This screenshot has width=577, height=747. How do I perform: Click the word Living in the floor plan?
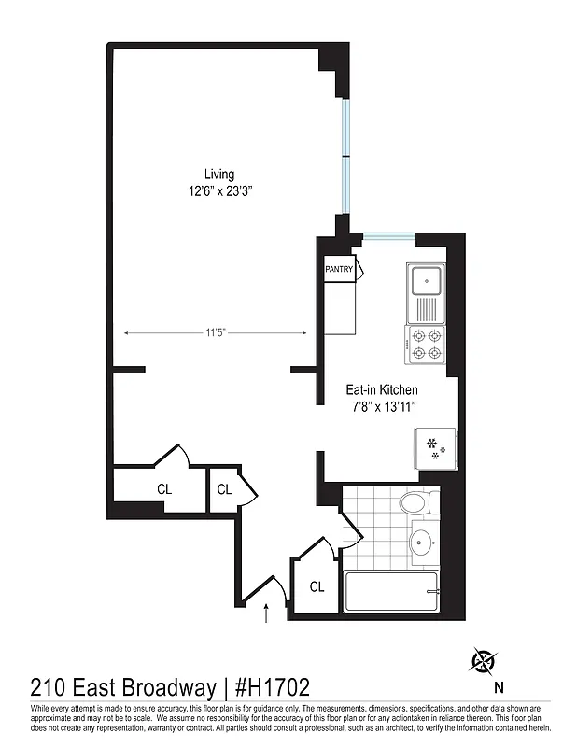[x=219, y=175]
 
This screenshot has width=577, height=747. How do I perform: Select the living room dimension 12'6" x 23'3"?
[x=219, y=191]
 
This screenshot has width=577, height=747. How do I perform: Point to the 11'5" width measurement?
[x=216, y=331]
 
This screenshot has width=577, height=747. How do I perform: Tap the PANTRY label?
[x=339, y=270]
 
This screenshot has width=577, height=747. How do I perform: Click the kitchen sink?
[x=428, y=279]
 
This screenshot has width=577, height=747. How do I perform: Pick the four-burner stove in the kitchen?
[x=426, y=344]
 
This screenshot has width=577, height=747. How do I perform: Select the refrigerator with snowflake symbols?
[x=435, y=448]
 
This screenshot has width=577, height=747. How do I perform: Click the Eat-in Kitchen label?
[x=382, y=389]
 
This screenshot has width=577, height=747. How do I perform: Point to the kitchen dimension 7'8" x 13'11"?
[x=382, y=407]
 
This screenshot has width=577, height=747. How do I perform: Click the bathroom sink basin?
[x=423, y=541]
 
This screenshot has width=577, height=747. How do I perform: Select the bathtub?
[x=391, y=593]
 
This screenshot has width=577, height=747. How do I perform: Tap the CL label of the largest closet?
[x=163, y=488]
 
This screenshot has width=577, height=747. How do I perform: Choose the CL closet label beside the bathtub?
[x=317, y=586]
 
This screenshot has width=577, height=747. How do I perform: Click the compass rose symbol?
[x=484, y=661]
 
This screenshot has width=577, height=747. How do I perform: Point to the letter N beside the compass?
[x=499, y=688]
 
